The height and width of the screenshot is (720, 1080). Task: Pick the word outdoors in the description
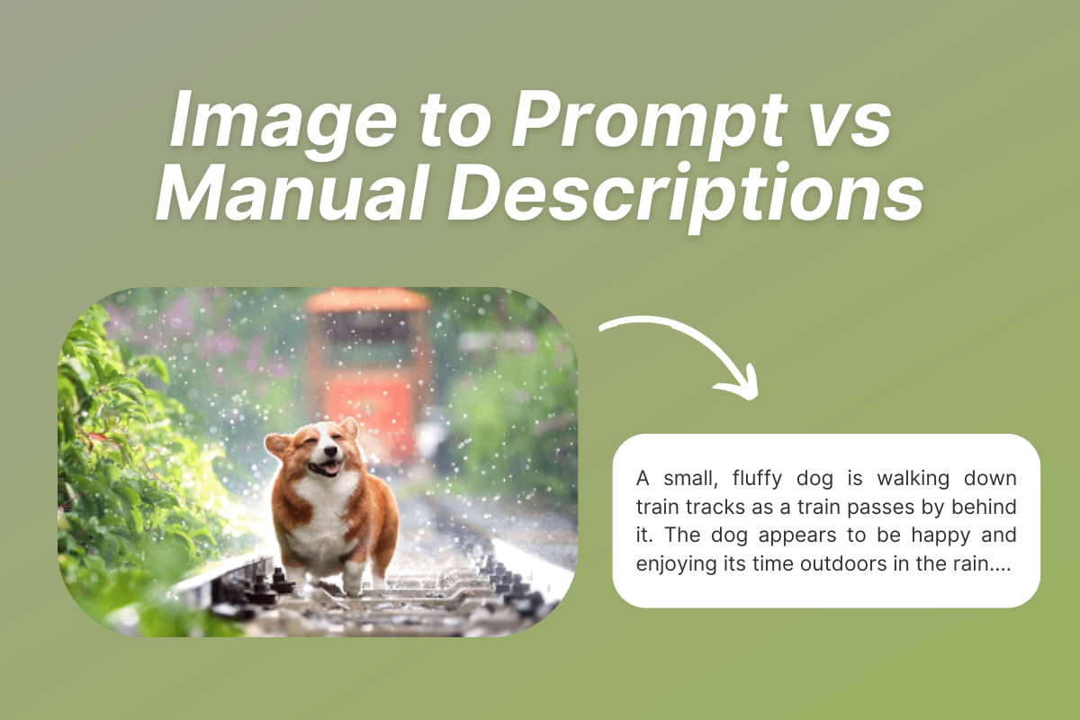(x=865, y=565)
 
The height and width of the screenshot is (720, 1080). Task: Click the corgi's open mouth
(x=328, y=468)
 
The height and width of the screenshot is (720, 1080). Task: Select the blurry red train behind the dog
(x=368, y=369)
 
